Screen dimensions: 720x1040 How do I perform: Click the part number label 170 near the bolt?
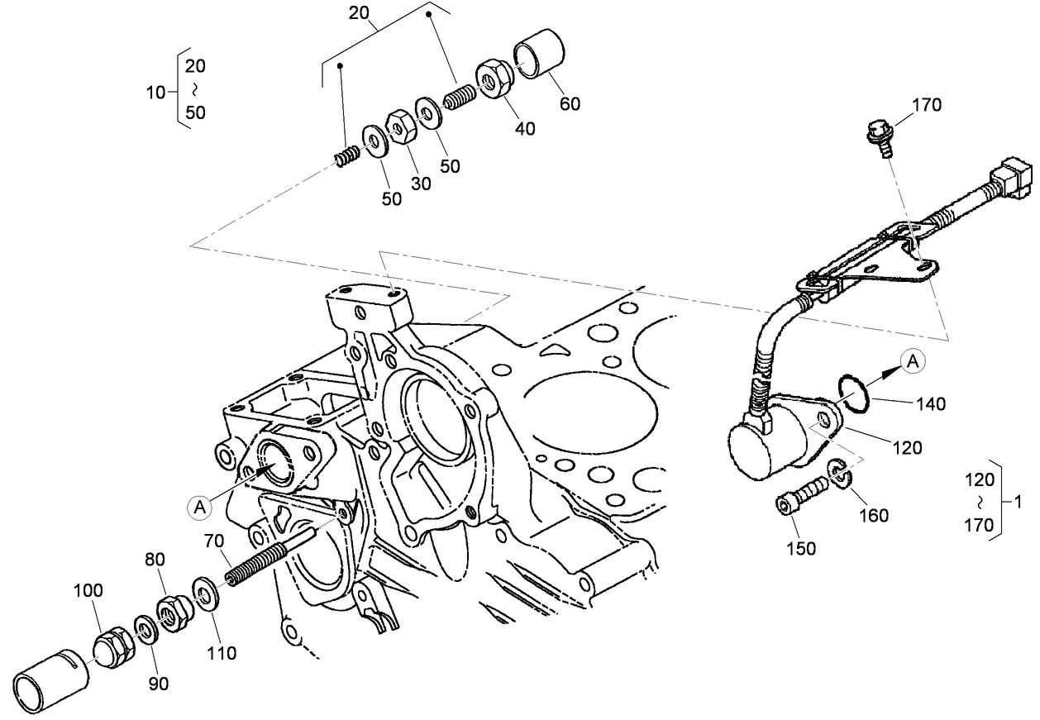(x=927, y=105)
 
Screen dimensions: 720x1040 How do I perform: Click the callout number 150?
(x=800, y=548)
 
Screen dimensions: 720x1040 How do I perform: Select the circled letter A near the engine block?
(x=199, y=507)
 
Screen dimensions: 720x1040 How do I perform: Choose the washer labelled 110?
(x=203, y=594)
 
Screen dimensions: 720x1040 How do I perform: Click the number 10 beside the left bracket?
(x=155, y=93)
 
